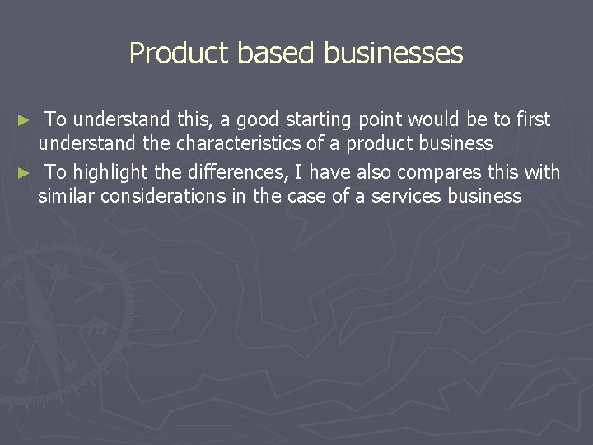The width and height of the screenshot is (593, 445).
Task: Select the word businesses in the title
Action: (x=394, y=54)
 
